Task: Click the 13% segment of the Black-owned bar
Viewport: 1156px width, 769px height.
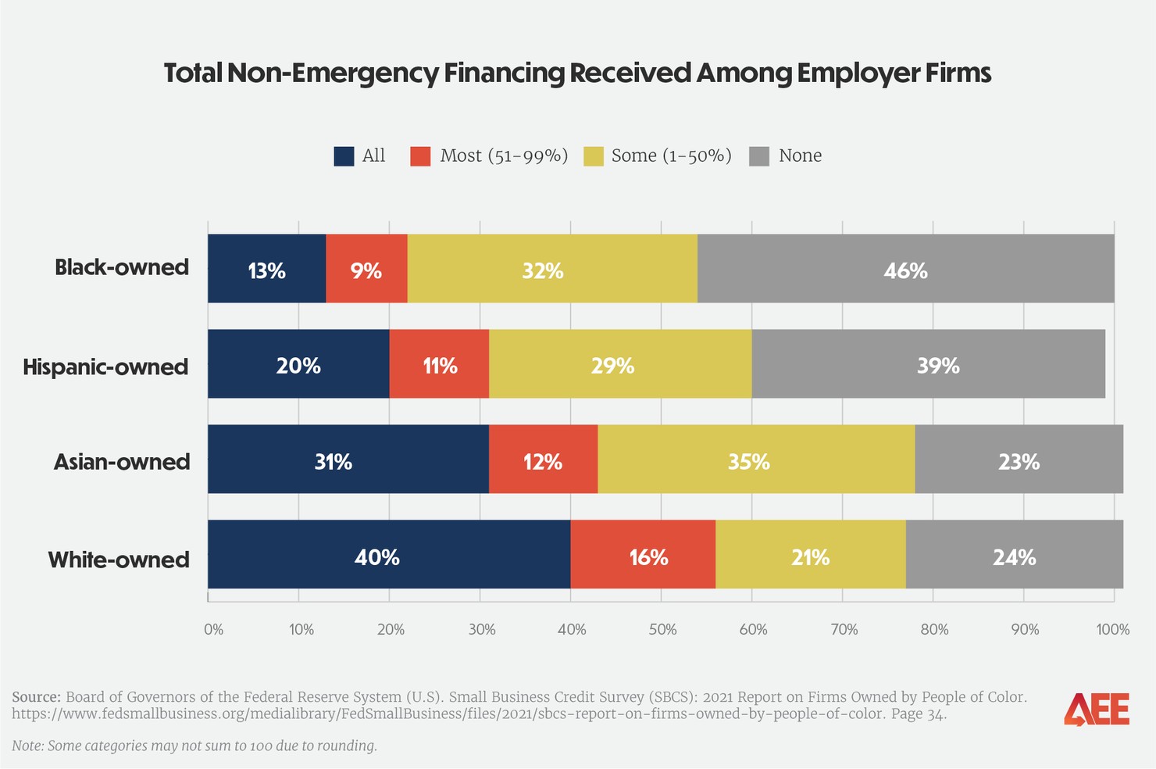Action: coord(266,269)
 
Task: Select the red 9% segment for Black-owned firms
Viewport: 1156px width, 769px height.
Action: coord(366,269)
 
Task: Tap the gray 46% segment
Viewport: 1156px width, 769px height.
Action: coord(905,269)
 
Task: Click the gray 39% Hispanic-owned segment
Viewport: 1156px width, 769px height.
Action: coord(928,364)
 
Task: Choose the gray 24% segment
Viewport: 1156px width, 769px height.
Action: coord(1014,555)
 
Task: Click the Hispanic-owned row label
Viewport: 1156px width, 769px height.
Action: coord(105,367)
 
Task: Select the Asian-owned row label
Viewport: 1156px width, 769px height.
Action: coord(121,462)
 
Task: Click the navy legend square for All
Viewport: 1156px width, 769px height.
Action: coord(344,156)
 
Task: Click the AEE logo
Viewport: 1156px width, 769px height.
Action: coord(1096,710)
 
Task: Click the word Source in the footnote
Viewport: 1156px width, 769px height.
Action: coord(36,697)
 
